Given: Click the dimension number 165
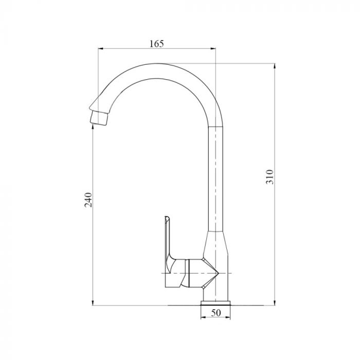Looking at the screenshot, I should pyautogui.click(x=156, y=44).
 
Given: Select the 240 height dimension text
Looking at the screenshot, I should pyautogui.click(x=88, y=200).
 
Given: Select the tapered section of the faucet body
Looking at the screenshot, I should pyautogui.click(x=215, y=242).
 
